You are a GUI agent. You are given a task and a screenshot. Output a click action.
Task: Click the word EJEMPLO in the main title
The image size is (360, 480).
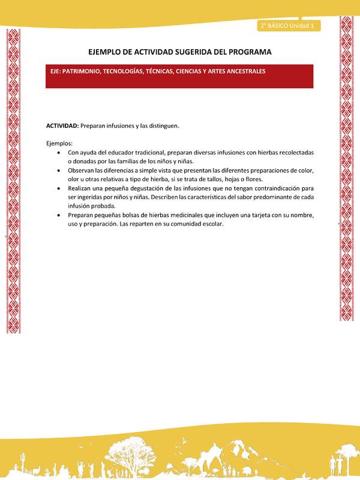click(x=109, y=52)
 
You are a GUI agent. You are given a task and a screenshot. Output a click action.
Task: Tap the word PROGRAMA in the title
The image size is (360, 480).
click(x=247, y=52)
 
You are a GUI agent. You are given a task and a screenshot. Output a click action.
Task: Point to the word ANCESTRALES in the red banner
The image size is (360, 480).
click(x=241, y=71)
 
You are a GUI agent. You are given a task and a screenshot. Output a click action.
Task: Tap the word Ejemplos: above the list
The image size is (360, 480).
click(x=59, y=143)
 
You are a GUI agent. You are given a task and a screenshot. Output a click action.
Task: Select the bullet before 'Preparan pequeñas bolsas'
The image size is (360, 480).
click(x=58, y=214)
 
